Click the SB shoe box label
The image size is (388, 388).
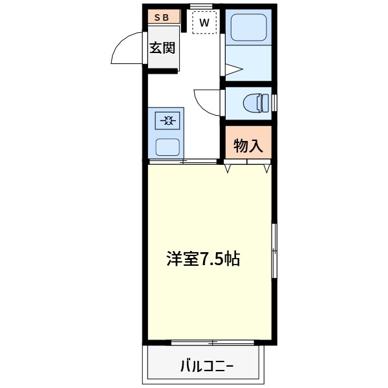point(162,18)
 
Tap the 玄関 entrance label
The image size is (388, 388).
point(162,48)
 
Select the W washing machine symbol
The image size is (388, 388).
point(204,23)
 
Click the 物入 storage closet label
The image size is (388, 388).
point(248,146)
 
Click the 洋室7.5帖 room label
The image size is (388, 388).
point(203,259)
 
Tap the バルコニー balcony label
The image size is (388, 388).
point(207,367)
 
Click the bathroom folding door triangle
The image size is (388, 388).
point(233,70)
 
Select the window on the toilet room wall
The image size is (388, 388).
point(274,103)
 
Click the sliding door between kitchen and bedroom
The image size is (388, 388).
point(183,161)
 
